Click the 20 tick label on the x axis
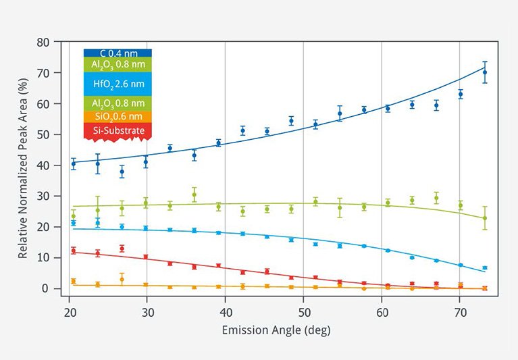point(69,313)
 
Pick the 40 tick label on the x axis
point(225,313)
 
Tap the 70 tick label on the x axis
point(460,313)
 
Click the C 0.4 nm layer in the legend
point(118,53)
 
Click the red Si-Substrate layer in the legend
point(118,130)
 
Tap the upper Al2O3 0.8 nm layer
point(118,64)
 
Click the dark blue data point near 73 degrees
point(484,72)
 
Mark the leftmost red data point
point(74,251)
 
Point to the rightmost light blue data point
point(484,268)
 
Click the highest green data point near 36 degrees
point(194,195)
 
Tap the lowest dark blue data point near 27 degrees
point(122,172)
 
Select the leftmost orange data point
point(74,281)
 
